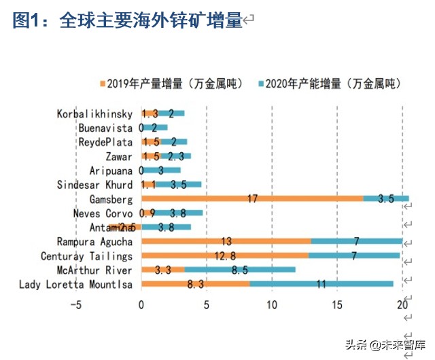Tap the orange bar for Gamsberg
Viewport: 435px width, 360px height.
pyautogui.click(x=252, y=199)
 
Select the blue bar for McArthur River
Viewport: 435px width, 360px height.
pyautogui.click(x=240, y=270)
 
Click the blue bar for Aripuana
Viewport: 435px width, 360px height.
pyautogui.click(x=161, y=170)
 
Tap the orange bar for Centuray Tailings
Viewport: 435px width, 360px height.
pyautogui.click(x=225, y=255)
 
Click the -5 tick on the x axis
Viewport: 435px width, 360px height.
pyautogui.click(x=76, y=305)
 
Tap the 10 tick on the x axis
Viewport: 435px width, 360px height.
pyautogui.click(x=272, y=305)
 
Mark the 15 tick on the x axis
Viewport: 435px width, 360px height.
pyautogui.click(x=337, y=305)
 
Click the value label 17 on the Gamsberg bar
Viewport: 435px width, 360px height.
pyautogui.click(x=252, y=199)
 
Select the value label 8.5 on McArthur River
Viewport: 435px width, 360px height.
pyautogui.click(x=239, y=270)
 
